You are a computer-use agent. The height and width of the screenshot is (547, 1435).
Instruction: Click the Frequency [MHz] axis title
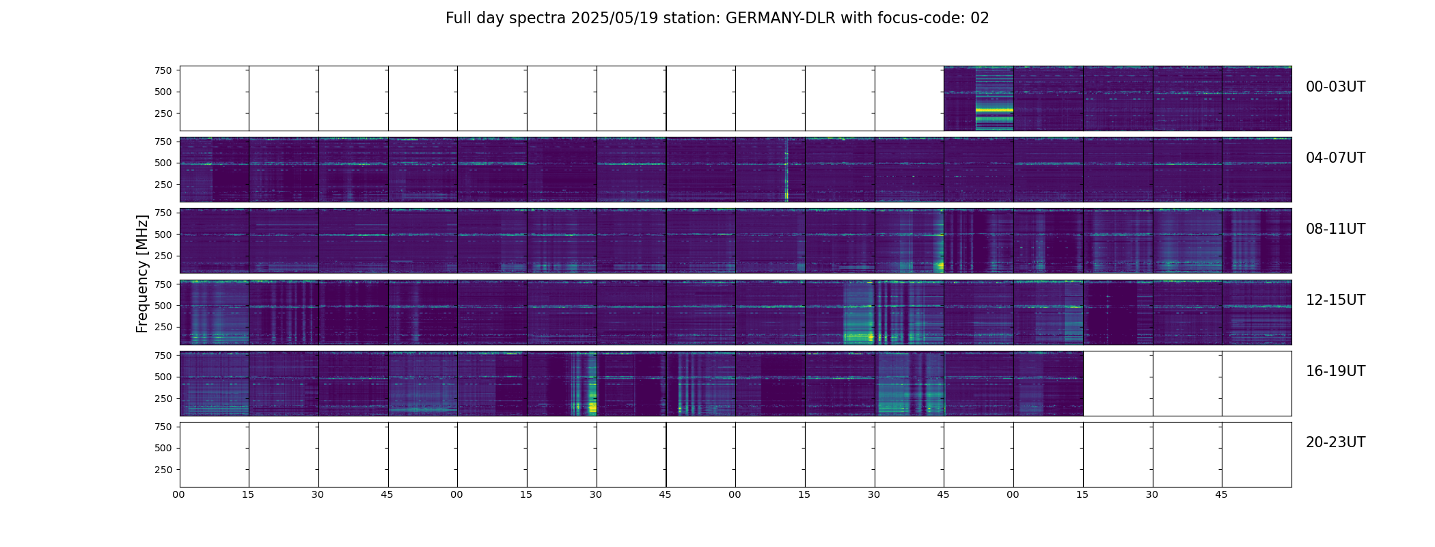(x=142, y=273)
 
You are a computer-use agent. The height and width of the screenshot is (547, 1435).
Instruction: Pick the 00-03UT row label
(x=1335, y=87)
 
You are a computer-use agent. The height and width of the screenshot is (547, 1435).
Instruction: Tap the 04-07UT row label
(x=1335, y=158)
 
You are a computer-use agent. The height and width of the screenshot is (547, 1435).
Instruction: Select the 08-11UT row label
(x=1335, y=229)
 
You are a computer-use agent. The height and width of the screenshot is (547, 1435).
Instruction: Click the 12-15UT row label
(x=1335, y=300)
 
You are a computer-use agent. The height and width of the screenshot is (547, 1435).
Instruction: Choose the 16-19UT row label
(x=1335, y=371)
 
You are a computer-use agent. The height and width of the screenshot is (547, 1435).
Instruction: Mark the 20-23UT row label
(x=1335, y=442)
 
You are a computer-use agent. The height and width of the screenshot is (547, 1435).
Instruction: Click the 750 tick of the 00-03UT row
(x=163, y=70)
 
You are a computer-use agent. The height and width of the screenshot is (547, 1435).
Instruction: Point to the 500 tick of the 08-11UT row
(x=163, y=235)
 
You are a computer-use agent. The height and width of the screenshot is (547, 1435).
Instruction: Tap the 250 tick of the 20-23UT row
(x=163, y=470)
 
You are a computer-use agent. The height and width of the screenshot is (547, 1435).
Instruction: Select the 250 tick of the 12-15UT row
(x=163, y=327)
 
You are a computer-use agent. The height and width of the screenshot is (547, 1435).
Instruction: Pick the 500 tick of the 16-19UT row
(x=163, y=377)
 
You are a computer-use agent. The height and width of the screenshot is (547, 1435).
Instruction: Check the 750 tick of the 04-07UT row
(x=163, y=142)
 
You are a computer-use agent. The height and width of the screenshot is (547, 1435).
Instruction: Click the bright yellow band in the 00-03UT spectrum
(x=994, y=109)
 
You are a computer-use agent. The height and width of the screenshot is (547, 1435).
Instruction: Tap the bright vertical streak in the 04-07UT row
(x=787, y=171)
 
